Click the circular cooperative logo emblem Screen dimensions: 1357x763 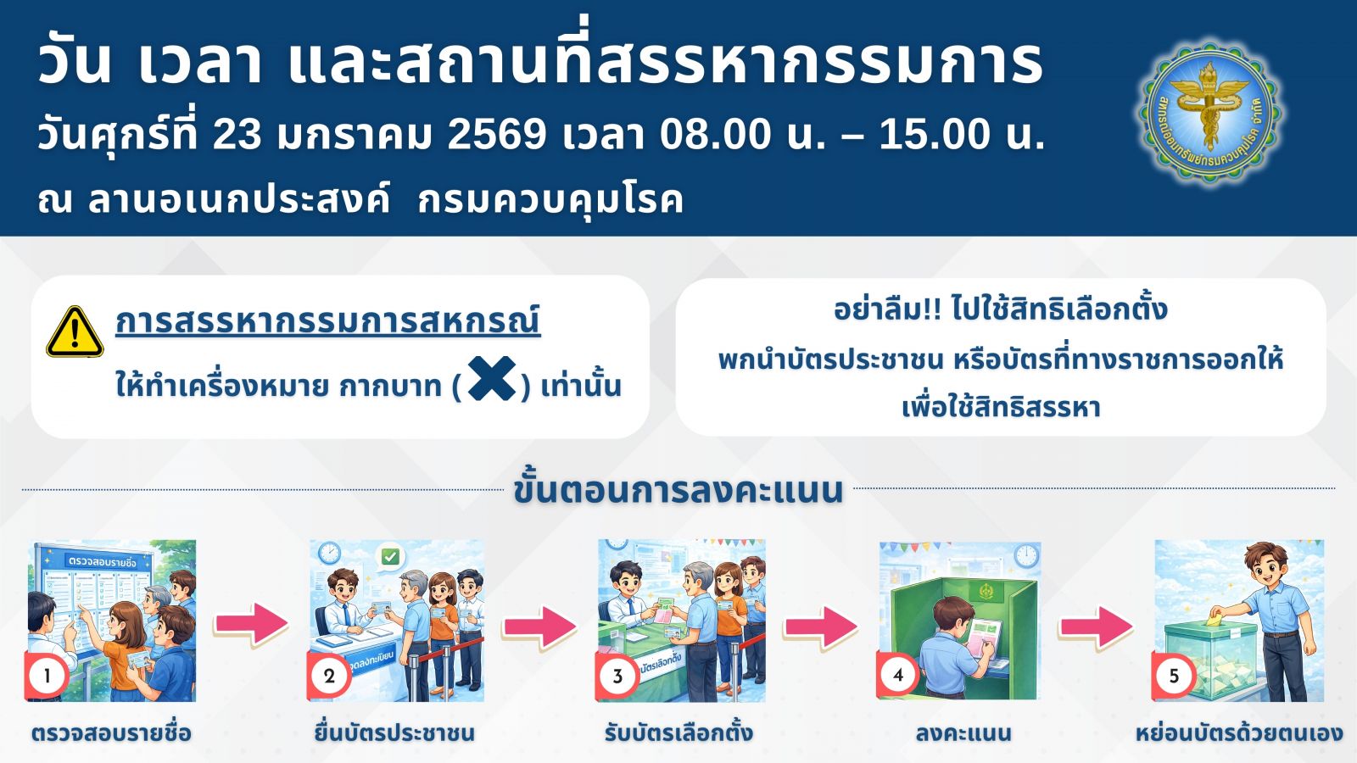(x=1209, y=114)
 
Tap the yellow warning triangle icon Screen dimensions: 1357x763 (x=75, y=331)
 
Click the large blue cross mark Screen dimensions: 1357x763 (x=492, y=378)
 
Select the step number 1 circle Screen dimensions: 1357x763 (x=47, y=675)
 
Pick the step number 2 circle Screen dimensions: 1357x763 (x=329, y=675)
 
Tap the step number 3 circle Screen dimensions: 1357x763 (x=617, y=675)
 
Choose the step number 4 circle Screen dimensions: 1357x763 (x=898, y=675)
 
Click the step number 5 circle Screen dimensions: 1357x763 (x=1174, y=675)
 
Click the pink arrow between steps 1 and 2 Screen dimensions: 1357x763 (x=251, y=624)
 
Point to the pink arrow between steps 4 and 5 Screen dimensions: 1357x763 (x=1096, y=627)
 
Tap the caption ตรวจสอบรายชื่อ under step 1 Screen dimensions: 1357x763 (x=111, y=732)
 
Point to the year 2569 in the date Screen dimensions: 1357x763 (x=497, y=135)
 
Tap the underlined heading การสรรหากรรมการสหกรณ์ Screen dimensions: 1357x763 (x=327, y=321)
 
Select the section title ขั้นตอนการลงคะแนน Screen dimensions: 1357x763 (x=678, y=490)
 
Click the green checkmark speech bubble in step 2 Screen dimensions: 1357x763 (x=390, y=558)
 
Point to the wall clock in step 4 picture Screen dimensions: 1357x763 (x=1026, y=555)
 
